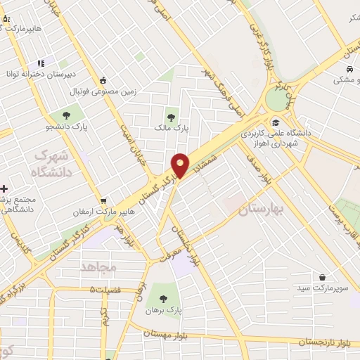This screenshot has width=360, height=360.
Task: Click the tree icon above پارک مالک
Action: [171, 116]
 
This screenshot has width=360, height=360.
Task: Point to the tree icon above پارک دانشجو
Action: [66, 115]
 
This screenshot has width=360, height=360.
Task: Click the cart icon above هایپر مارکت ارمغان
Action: [103, 201]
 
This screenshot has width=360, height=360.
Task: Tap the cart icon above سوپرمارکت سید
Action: [323, 277]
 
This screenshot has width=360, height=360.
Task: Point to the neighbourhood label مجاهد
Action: [97, 267]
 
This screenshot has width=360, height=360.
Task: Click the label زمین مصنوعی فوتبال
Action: [97, 91]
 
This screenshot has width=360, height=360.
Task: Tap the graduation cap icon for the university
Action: [275, 122]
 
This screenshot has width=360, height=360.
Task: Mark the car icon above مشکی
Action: [349, 70]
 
